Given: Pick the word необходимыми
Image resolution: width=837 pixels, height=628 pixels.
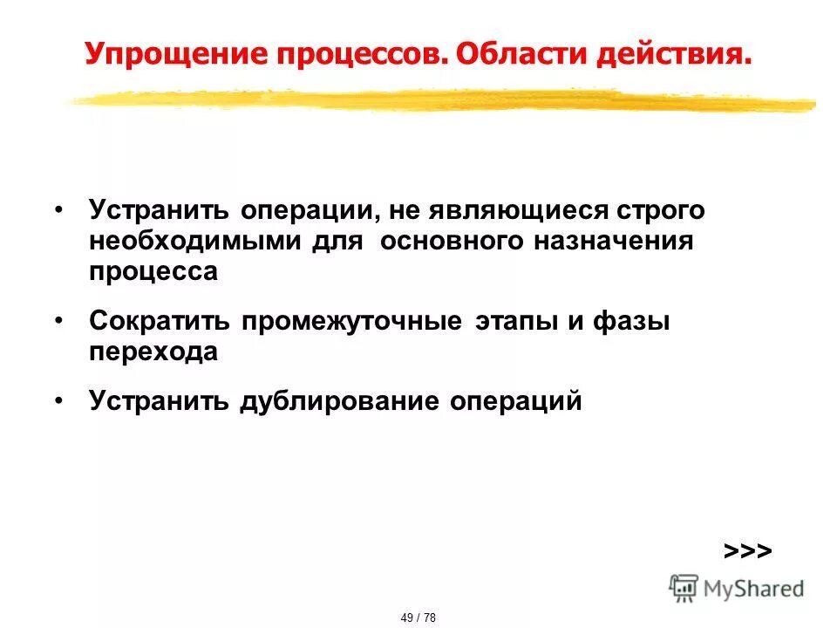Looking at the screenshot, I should pos(195,242).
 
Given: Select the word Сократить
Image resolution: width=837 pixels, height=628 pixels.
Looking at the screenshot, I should pos(160,322).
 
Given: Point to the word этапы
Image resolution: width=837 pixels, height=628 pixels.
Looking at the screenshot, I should pos(517,322).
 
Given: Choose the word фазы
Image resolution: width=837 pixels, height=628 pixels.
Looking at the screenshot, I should pos(633,322).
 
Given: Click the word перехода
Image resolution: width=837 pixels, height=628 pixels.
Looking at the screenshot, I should pos(153,352).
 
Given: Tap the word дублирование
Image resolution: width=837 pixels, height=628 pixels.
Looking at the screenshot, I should pos(339,401).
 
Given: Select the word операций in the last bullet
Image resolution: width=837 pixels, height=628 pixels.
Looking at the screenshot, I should pos(515,401).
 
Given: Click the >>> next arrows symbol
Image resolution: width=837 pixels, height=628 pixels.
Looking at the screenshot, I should pos(747,551).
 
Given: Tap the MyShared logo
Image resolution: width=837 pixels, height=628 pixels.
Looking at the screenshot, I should pos(737,588).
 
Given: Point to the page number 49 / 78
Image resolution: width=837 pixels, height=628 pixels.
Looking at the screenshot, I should pos(418,618).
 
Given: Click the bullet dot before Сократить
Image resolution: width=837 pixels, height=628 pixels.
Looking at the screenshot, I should pos(58,320).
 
